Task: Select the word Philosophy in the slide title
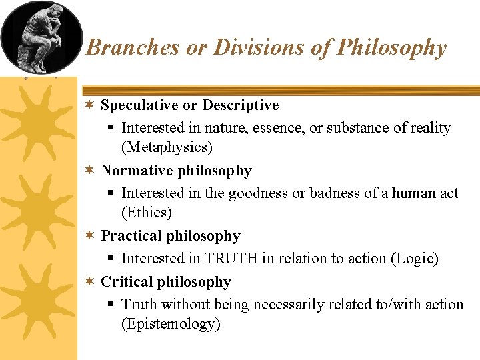click(x=392, y=47)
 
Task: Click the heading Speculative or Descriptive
click(x=189, y=105)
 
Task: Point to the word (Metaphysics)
click(x=167, y=147)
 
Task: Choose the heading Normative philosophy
click(x=176, y=171)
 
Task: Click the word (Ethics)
click(x=147, y=213)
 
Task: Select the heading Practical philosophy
click(x=170, y=236)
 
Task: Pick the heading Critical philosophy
click(x=165, y=282)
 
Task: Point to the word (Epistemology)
click(x=171, y=325)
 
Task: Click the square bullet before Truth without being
click(x=111, y=305)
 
